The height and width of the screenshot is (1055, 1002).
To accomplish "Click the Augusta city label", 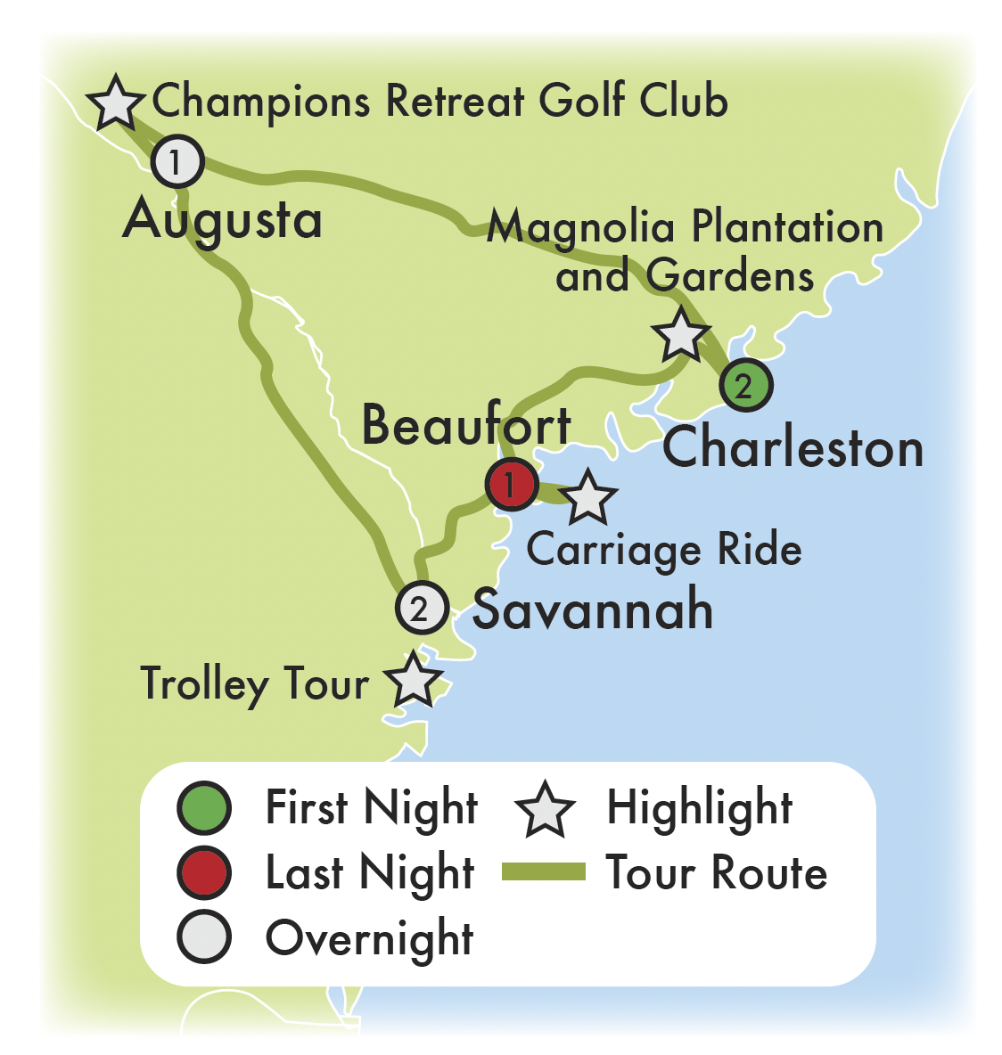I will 223,220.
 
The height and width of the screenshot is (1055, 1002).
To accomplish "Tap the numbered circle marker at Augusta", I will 177,162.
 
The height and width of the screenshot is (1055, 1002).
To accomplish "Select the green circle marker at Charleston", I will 744,386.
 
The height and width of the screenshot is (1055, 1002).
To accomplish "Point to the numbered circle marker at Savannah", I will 421,609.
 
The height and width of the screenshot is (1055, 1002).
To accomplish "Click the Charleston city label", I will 793,447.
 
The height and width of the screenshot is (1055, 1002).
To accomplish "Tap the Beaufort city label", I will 465,425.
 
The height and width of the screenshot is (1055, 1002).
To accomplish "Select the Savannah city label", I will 593,610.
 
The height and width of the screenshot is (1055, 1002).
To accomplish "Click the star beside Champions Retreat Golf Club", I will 116,102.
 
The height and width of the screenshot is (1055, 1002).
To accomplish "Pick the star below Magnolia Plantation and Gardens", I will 682,336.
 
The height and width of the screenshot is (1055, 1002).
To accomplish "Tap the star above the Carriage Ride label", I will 587,498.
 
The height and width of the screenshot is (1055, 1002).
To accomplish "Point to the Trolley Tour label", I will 255,684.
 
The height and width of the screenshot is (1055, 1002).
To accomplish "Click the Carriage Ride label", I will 664,551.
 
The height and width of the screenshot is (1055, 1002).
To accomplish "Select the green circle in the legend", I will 204,808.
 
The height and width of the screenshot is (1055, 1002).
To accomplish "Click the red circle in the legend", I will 204,873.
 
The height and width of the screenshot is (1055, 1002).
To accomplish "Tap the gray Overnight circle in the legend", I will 204,937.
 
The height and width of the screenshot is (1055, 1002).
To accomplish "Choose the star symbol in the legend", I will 545,809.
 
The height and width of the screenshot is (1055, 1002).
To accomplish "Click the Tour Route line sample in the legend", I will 544,872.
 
